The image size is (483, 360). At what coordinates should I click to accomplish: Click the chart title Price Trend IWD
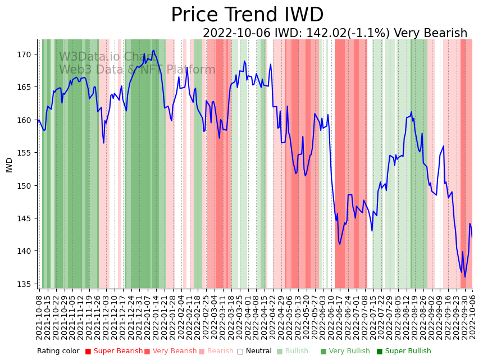click(x=247, y=15)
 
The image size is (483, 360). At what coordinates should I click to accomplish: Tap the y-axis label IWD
click(x=10, y=165)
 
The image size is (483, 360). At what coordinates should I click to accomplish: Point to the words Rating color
click(x=58, y=352)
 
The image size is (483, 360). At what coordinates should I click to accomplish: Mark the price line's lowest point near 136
click(x=464, y=277)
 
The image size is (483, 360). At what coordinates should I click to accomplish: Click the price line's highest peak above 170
click(x=153, y=51)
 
